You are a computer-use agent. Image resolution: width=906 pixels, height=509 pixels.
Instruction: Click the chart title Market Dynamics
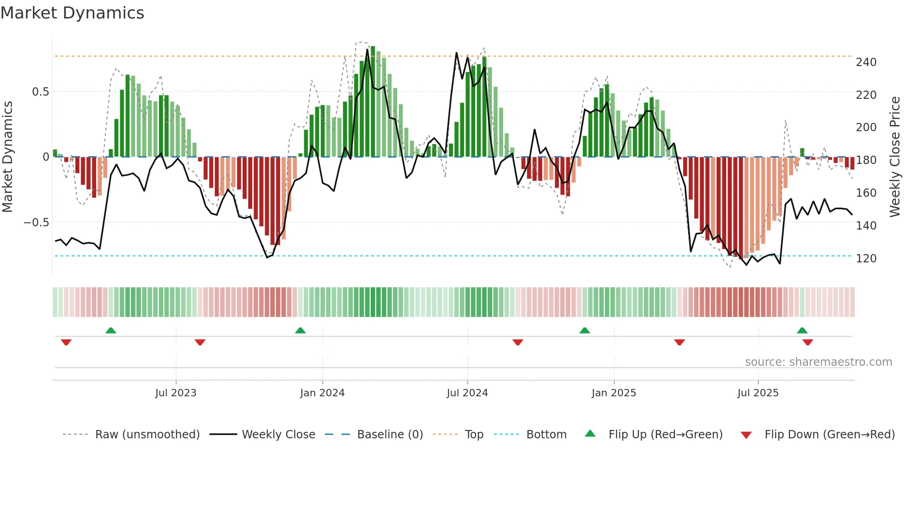click(x=72, y=13)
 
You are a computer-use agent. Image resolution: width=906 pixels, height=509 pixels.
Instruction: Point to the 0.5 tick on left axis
click(x=40, y=92)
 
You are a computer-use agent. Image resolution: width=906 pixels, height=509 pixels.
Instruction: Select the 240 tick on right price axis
click(x=866, y=62)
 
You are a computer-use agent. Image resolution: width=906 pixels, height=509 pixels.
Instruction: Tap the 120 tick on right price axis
click(x=866, y=259)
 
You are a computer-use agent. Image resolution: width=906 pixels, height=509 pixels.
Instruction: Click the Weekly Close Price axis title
click(x=895, y=157)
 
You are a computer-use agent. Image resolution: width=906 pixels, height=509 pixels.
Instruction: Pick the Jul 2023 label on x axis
click(x=176, y=393)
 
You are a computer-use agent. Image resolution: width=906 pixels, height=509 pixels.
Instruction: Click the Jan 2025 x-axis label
click(x=613, y=393)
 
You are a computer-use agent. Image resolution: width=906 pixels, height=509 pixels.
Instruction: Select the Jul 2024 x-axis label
click(x=467, y=393)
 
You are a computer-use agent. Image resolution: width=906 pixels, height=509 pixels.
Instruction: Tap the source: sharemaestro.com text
click(x=818, y=362)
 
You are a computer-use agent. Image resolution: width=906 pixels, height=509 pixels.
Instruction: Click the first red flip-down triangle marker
click(x=66, y=342)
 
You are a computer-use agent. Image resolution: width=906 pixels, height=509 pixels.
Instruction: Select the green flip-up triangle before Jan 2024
click(x=300, y=330)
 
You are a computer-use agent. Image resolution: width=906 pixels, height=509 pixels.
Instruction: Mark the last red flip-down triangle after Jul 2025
click(x=808, y=342)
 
